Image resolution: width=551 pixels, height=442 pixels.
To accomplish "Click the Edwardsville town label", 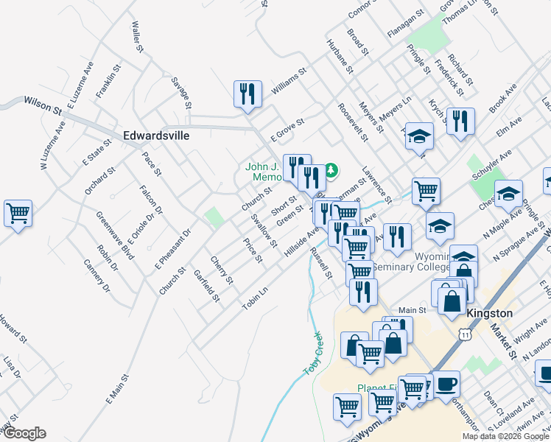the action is click(x=156, y=136).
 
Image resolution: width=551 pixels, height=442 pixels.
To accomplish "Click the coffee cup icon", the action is click(x=447, y=385).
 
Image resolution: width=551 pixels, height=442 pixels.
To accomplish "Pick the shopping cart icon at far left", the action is click(x=18, y=214).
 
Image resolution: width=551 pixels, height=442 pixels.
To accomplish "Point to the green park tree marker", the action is click(x=331, y=171).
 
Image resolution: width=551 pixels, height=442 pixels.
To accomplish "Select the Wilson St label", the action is click(x=43, y=104).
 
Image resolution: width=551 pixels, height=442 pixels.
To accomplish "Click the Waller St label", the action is click(x=136, y=37).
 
